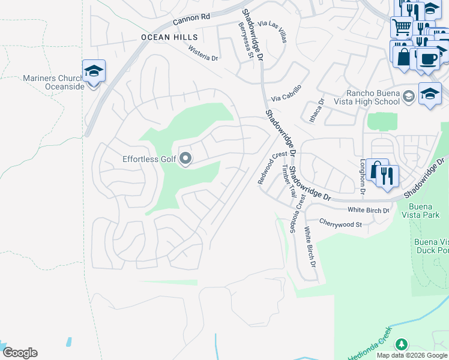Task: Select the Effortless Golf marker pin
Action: tap(185, 159)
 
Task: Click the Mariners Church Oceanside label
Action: tap(55, 82)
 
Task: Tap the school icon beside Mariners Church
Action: tap(94, 71)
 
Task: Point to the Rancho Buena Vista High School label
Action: tap(373, 97)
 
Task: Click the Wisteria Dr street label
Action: tap(203, 54)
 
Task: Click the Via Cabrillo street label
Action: tap(286, 93)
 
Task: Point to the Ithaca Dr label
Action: tap(316, 110)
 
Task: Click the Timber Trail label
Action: tap(289, 182)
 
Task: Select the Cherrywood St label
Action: tap(340, 223)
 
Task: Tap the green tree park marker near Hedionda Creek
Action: tap(401, 345)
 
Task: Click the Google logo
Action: tap(20, 353)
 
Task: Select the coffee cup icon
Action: tap(428, 59)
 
